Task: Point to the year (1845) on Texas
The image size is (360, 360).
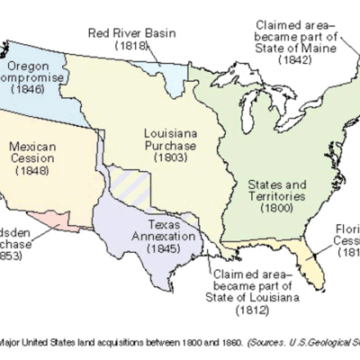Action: (x=171, y=248)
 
